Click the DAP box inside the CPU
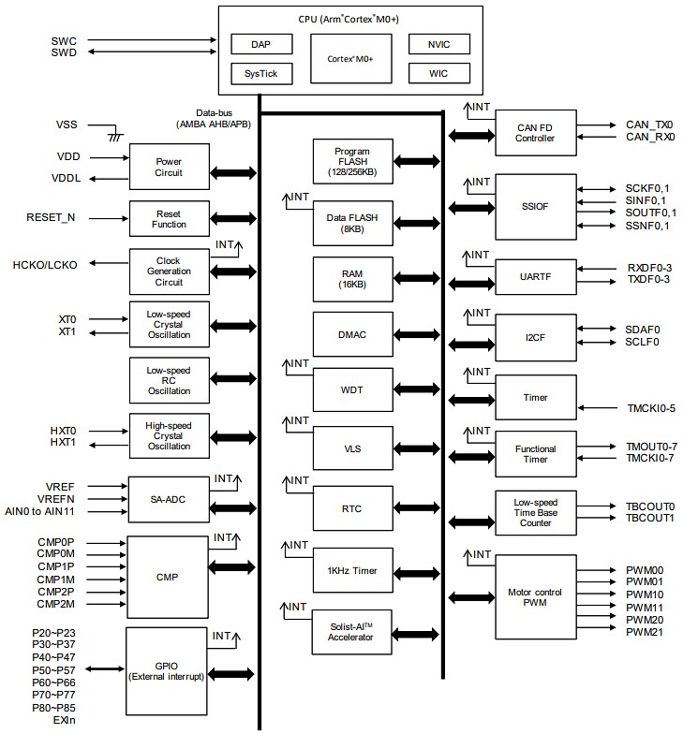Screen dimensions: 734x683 pos(261,44)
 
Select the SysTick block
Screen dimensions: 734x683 pos(261,73)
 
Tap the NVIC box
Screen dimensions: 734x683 pos(438,44)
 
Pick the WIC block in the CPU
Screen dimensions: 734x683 pos(438,73)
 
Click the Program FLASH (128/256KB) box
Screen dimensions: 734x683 pos(352,161)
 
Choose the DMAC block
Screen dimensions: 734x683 pos(352,333)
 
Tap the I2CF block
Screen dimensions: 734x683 pos(535,335)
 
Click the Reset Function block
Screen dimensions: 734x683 pos(169,218)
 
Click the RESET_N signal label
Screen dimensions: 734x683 pos(52,217)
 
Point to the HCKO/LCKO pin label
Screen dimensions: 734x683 pos(45,264)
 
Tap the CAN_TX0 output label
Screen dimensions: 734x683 pos(649,125)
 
